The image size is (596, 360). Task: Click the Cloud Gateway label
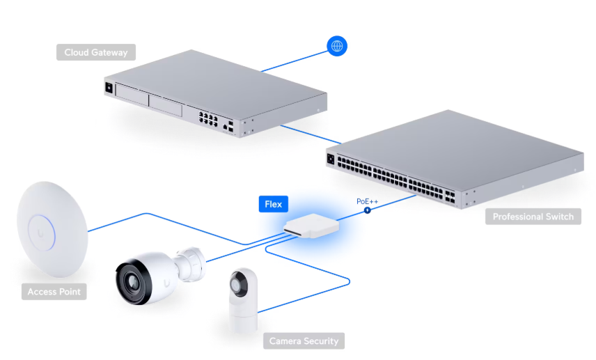(x=96, y=52)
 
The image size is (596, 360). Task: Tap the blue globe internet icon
(x=337, y=47)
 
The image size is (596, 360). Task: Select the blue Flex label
(x=274, y=204)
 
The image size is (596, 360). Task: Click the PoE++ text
(x=367, y=201)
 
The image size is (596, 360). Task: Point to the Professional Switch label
(x=533, y=217)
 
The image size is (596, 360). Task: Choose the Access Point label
(x=54, y=292)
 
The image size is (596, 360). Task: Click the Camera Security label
(x=304, y=341)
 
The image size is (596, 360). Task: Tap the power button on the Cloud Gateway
(x=108, y=88)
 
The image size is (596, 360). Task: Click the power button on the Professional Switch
(x=331, y=158)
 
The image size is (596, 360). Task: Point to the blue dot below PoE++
(x=367, y=210)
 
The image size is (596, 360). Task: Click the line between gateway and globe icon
(x=292, y=60)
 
